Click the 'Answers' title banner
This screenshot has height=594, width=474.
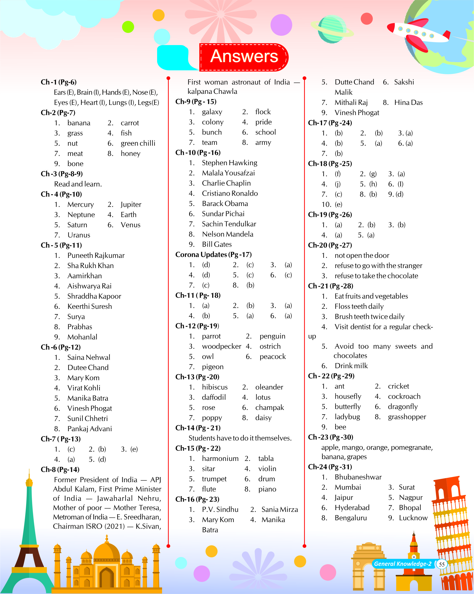[244, 57]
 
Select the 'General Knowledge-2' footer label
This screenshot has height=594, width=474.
[402, 564]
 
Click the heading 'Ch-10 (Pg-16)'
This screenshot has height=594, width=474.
[198, 153]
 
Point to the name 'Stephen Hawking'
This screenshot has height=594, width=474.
[229, 163]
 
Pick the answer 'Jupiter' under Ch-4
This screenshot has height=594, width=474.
[131, 204]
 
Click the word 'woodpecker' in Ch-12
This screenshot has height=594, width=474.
[222, 346]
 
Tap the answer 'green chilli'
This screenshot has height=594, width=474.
[138, 143]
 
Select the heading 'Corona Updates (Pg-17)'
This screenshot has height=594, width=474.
[214, 255]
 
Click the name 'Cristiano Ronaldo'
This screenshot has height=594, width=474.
[230, 193]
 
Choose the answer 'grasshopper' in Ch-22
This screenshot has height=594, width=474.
[407, 417]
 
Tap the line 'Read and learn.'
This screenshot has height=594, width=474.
[78, 184]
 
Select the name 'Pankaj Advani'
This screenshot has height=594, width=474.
[89, 429]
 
